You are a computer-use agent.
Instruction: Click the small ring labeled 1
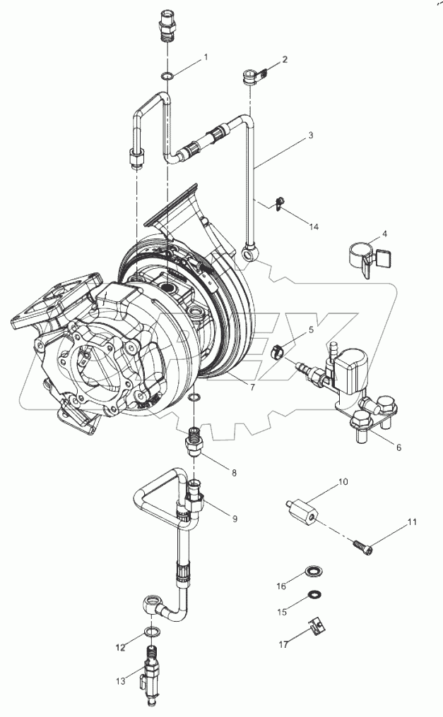(x=167, y=76)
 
